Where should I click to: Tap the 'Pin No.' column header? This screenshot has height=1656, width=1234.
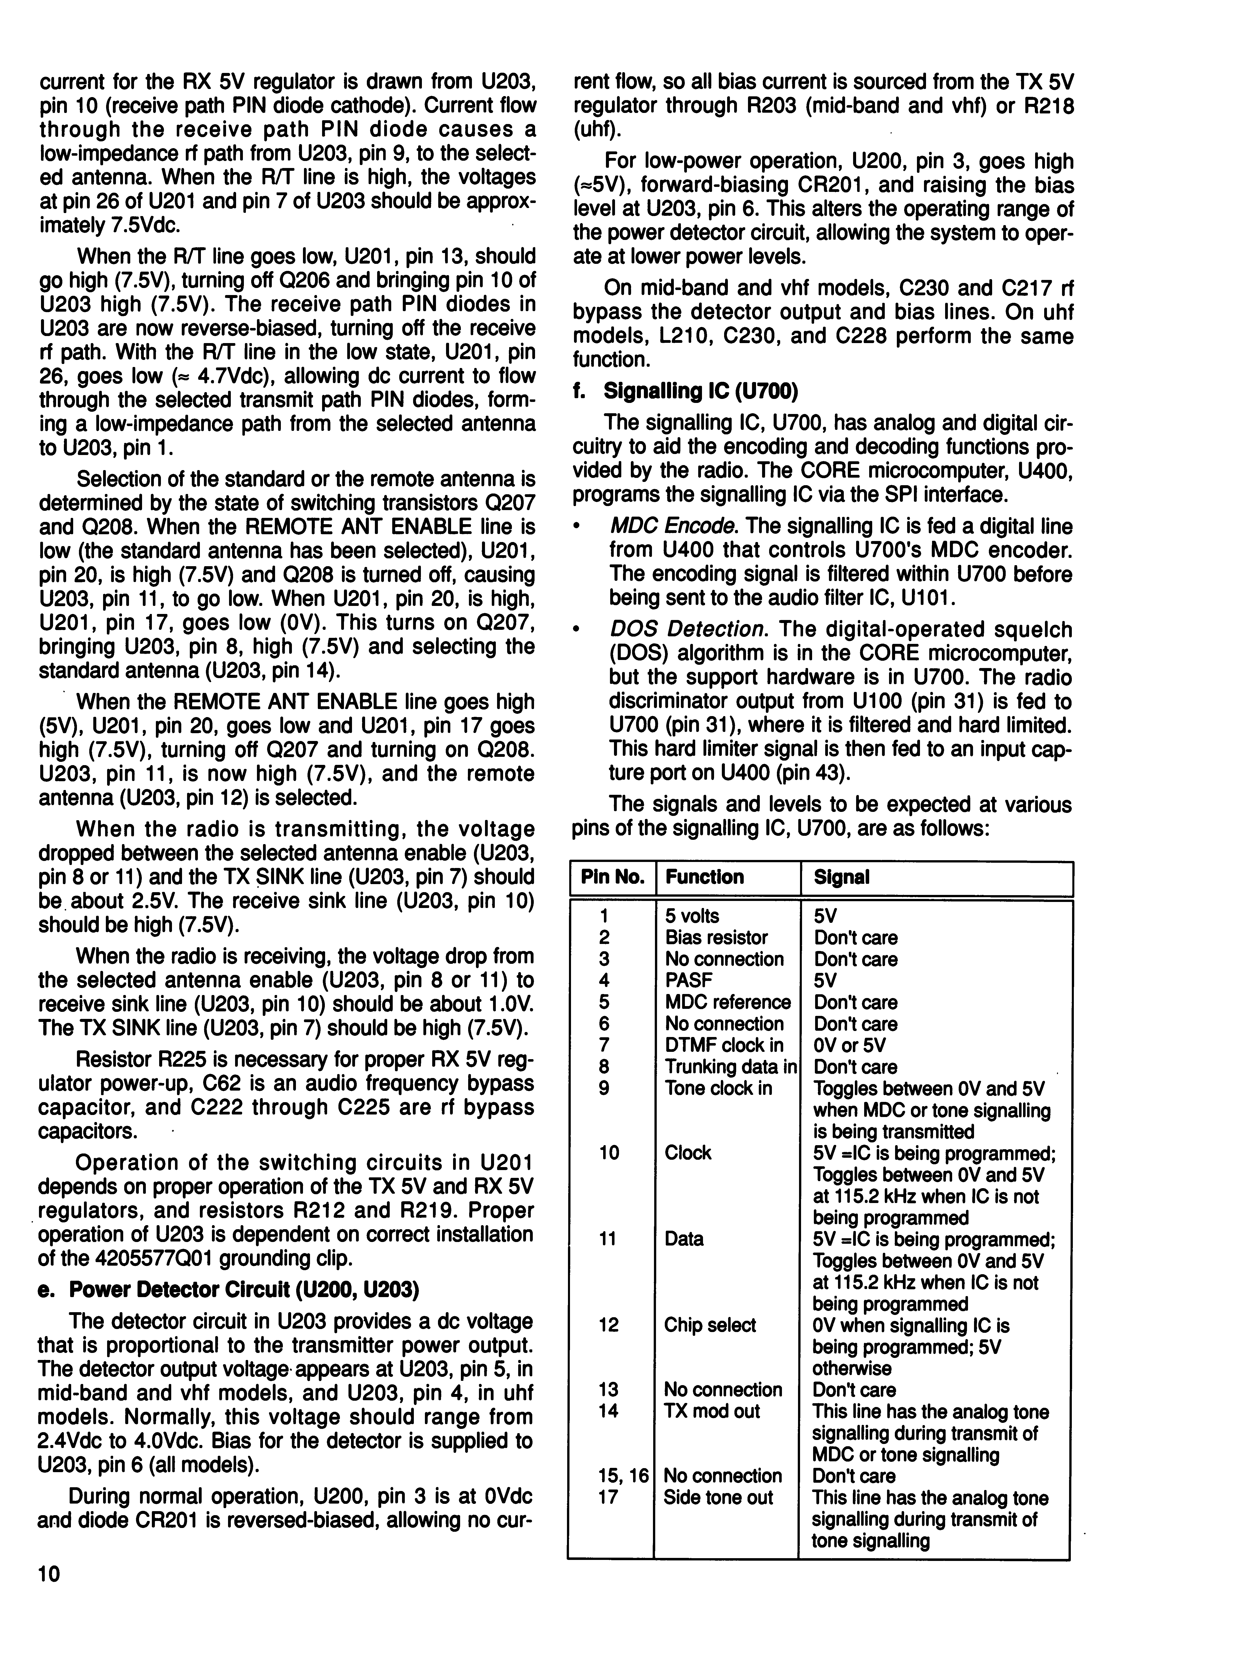click(x=612, y=877)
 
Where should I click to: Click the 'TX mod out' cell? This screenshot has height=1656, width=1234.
click(x=711, y=1411)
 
